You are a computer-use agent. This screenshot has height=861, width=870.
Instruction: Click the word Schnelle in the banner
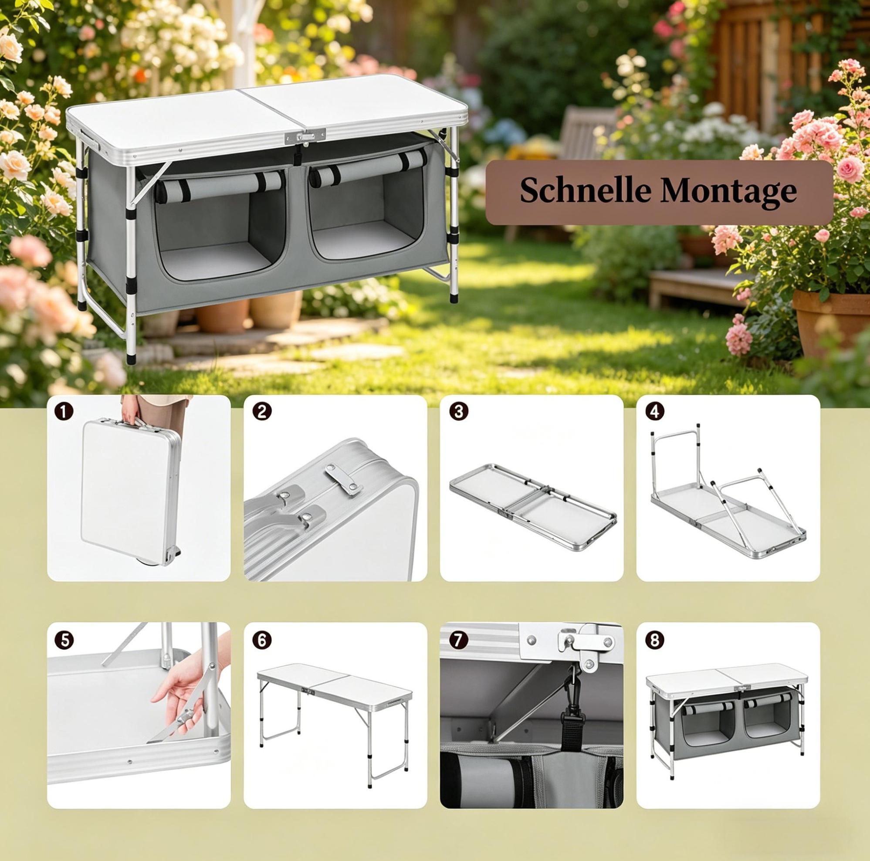[586, 191]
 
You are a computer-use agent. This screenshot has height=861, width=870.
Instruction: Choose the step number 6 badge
[262, 641]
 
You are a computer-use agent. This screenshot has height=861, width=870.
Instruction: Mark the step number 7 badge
[458, 641]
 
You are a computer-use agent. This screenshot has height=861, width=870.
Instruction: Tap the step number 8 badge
[655, 641]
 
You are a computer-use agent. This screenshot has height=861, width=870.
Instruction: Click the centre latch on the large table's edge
[305, 136]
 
